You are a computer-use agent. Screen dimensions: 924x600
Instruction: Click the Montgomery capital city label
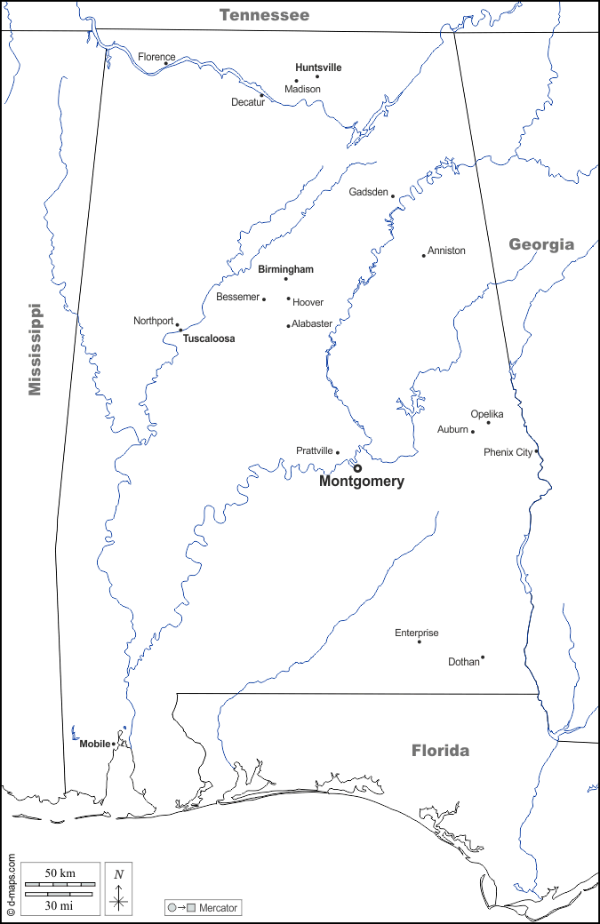point(361,482)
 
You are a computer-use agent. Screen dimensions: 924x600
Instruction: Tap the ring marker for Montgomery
point(357,468)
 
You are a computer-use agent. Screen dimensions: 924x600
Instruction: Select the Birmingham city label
point(285,269)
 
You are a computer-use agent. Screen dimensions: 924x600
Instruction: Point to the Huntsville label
point(318,68)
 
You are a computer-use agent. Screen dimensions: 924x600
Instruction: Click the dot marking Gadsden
point(393,196)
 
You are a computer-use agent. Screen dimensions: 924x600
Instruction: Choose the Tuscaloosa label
point(209,339)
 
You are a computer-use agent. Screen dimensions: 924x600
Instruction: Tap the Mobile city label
point(95,744)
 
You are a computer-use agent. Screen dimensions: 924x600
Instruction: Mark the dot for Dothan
point(483,657)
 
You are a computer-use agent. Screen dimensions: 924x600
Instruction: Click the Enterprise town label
point(417,633)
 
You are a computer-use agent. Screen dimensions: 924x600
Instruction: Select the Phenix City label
point(508,452)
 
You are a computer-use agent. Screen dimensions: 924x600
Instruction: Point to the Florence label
point(156,58)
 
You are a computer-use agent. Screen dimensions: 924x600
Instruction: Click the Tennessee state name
point(265,15)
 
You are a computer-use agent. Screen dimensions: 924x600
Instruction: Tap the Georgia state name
point(541,244)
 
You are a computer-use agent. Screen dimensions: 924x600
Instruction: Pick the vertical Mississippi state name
point(35,349)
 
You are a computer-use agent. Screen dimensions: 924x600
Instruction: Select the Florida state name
point(440,751)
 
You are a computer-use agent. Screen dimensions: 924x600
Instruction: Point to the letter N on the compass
point(118,873)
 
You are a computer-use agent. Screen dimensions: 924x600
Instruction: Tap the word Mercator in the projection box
point(219,908)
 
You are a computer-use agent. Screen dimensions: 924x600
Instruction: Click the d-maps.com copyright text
point(11,883)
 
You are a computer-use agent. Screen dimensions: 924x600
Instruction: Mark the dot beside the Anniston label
point(424,256)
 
